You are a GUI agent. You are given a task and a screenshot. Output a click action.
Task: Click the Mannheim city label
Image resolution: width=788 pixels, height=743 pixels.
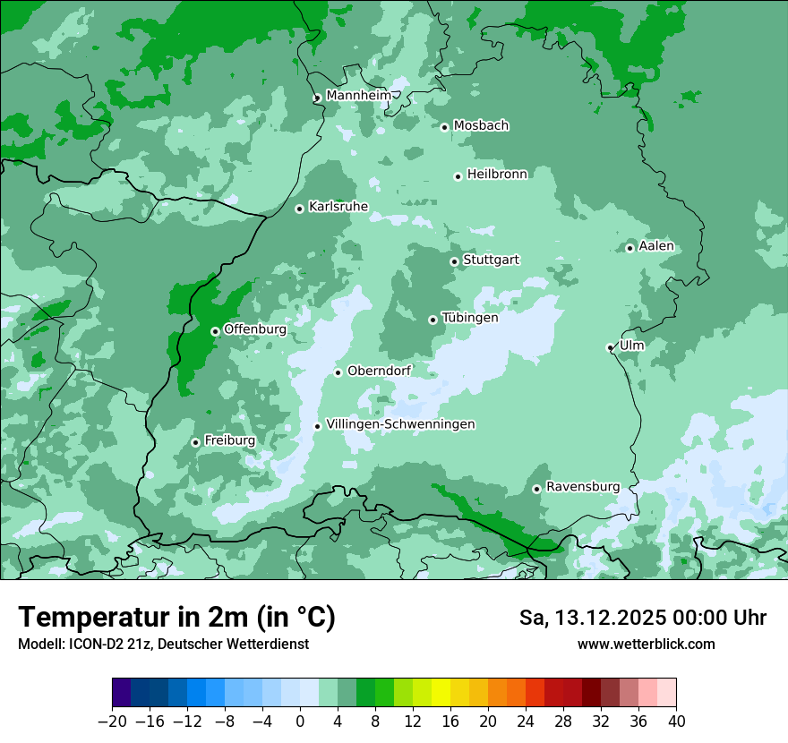pyautogui.click(x=358, y=96)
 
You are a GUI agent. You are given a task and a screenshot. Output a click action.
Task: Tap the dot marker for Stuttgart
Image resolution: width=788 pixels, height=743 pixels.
pyautogui.click(x=454, y=261)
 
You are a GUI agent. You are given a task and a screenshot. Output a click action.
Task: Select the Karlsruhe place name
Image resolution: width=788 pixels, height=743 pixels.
pyautogui.click(x=338, y=207)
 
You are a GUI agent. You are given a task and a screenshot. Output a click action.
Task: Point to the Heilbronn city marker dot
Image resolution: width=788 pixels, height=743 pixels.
pyautogui.click(x=458, y=176)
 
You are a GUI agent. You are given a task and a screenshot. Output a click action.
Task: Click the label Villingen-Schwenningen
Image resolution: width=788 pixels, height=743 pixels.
pyautogui.click(x=400, y=424)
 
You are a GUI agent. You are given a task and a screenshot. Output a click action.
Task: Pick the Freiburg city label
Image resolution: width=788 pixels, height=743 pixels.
pyautogui.click(x=229, y=440)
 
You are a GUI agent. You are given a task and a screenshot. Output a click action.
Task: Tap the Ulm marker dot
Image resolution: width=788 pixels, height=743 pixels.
pyautogui.click(x=610, y=347)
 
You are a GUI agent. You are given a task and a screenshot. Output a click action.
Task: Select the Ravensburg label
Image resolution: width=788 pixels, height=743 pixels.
pyautogui.click(x=582, y=487)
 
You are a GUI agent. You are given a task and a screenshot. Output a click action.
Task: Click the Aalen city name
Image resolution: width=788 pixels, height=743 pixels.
pyautogui.click(x=656, y=246)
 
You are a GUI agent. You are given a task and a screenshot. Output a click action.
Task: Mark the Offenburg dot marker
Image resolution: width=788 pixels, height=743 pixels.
pyautogui.click(x=215, y=331)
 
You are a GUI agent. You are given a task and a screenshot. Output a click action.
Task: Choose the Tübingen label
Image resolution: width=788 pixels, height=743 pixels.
pyautogui.click(x=469, y=318)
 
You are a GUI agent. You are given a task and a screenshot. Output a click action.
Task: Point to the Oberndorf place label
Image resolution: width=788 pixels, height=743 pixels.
pyautogui.click(x=379, y=371)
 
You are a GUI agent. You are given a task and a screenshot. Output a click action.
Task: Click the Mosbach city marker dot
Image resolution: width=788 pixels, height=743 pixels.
pyautogui.click(x=444, y=127)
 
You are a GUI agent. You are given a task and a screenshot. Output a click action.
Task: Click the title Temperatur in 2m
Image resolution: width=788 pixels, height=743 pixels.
pyautogui.click(x=176, y=617)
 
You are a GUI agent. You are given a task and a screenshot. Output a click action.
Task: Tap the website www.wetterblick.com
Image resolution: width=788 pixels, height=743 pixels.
pyautogui.click(x=646, y=644)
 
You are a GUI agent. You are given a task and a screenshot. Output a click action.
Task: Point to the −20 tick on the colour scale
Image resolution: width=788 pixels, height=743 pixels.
pyautogui.click(x=113, y=722)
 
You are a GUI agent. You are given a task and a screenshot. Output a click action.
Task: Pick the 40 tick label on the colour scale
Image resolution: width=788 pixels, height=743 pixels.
pyautogui.click(x=676, y=722)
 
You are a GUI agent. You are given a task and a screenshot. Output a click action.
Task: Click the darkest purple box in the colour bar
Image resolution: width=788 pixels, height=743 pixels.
pyautogui.click(x=122, y=693)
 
